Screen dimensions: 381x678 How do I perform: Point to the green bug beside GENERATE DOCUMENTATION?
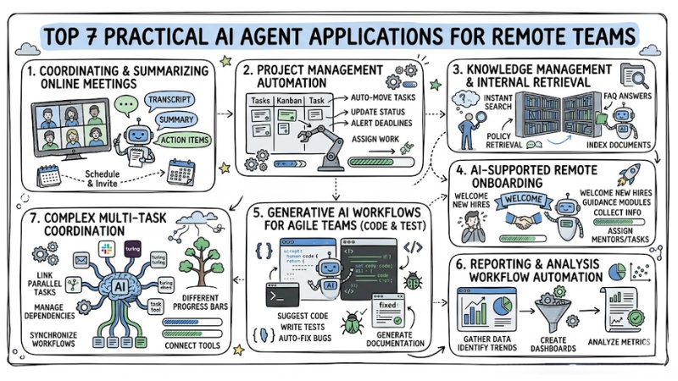click(349, 322)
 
